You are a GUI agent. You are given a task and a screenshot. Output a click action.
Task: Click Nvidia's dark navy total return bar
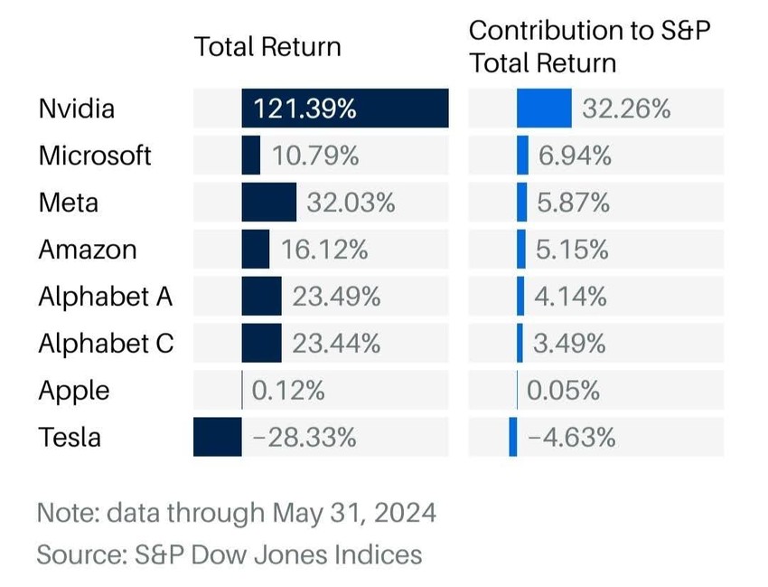pos(398,109)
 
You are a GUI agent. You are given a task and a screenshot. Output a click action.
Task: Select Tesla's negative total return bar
pos(218,438)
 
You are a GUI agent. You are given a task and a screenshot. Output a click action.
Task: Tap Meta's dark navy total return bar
pos(268,203)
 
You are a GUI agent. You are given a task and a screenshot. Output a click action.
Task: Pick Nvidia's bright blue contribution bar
pos(544,109)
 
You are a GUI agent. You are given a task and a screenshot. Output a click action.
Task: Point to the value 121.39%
pos(304,109)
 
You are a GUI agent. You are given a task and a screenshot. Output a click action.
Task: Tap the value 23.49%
pos(336,297)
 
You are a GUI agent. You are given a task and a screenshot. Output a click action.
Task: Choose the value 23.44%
pos(336,344)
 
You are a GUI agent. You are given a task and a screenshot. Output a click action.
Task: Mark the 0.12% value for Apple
pos(288,391)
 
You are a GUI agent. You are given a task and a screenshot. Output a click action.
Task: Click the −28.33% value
pos(304,438)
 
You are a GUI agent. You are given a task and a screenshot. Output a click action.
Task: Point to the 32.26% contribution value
pos(626,109)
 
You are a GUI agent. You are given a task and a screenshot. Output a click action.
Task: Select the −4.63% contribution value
pos(572,438)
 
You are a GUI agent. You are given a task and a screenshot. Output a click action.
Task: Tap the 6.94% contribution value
pos(574,156)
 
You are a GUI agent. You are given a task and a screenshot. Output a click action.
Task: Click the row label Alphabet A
pos(106,297)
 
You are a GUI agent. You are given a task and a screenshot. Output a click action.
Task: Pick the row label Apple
pos(74,391)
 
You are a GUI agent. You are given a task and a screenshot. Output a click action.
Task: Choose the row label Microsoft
pos(95,156)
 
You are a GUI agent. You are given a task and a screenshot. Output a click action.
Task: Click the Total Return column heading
pos(267,47)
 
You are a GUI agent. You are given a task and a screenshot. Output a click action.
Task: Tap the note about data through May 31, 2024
pos(237,513)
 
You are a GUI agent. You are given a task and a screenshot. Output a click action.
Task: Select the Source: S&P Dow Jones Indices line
pos(229,554)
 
